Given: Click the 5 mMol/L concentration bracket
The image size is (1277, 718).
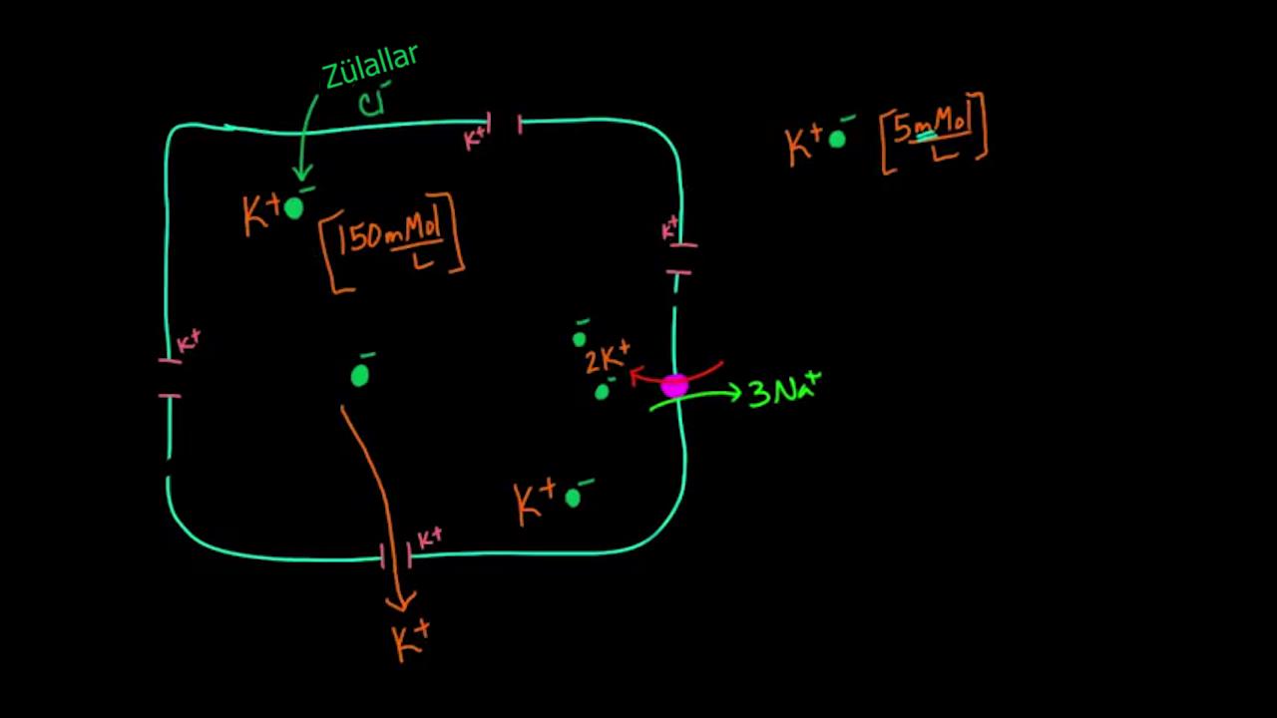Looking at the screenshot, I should point(934,133).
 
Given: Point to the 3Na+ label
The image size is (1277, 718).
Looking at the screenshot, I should point(784,390).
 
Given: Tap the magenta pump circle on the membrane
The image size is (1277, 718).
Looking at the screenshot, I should point(674,386).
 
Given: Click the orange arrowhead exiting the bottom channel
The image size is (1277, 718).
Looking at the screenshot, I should point(402,602).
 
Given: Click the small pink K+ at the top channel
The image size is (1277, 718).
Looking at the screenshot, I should point(477,136).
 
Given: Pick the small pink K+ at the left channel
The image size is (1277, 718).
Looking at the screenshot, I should point(188,342).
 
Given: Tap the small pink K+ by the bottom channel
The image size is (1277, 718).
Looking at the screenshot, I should point(429,538).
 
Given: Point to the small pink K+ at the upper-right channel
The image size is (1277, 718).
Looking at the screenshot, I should point(670,229).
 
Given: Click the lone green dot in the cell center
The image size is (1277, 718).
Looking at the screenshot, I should point(360,375).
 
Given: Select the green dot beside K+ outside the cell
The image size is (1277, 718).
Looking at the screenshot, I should point(837,140).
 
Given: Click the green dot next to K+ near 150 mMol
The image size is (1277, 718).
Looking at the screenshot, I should point(293,207).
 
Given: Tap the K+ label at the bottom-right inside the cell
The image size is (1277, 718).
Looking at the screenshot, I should point(535,502).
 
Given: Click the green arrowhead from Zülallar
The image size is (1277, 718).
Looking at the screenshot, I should point(301,176).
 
